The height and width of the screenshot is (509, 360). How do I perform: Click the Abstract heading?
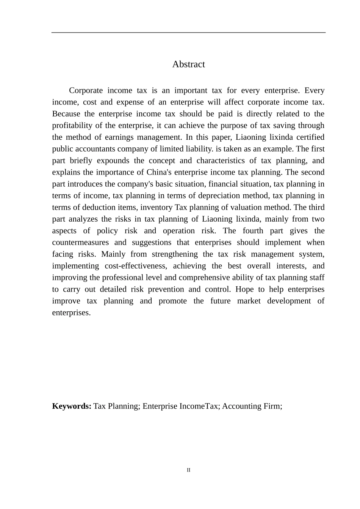[x=188, y=64]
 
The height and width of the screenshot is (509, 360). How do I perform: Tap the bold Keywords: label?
[x=72, y=406]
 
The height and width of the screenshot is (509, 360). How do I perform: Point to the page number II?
[x=188, y=470]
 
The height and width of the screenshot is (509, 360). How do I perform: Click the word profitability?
[x=72, y=126]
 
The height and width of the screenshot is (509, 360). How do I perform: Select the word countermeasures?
[x=80, y=243]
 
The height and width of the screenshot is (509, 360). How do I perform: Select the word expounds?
[x=113, y=161]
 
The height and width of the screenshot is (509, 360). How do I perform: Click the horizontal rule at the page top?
[x=188, y=33]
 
